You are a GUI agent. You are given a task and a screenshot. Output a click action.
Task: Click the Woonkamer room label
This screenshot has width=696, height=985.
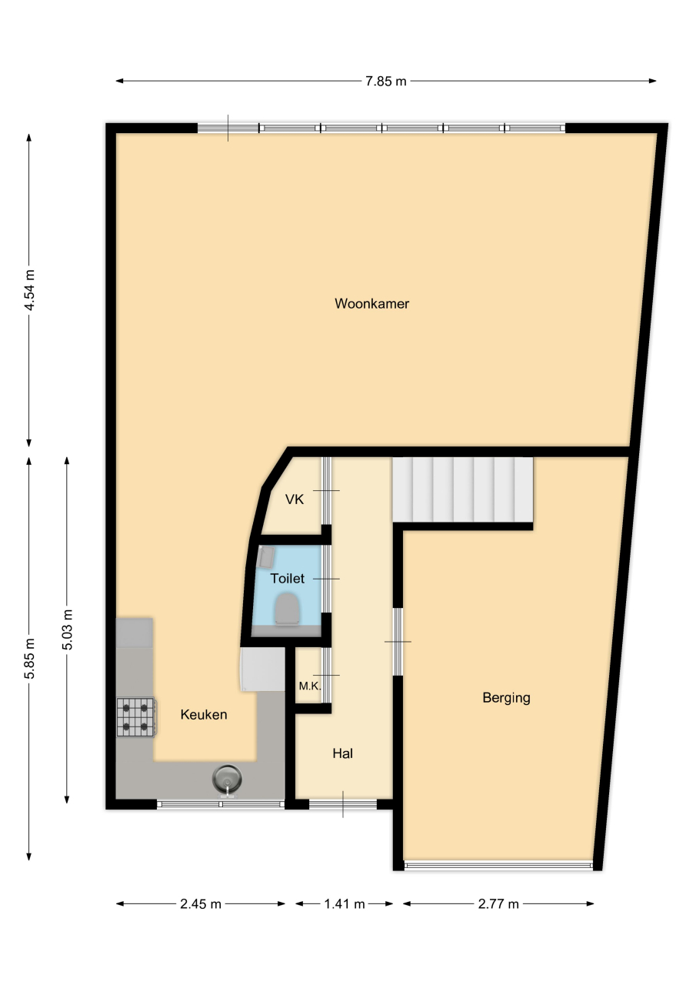pos(371,303)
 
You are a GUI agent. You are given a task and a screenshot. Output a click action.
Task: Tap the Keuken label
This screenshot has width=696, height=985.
pos(204,715)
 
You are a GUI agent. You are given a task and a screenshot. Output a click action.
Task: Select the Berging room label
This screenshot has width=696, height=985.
pos(506,698)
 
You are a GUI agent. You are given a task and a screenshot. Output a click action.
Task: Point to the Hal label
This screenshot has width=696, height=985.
pos(343,753)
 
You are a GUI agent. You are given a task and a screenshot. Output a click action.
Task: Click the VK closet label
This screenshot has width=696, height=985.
pos(295,499)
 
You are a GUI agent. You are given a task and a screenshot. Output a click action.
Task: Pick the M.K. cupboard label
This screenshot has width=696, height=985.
pos(310,686)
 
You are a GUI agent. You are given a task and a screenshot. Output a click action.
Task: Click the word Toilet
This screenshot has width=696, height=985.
pos(288,578)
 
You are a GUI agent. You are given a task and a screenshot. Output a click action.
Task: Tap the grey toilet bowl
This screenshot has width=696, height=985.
pos(288,608)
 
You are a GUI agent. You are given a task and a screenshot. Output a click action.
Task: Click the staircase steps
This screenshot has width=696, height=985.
pos(463,490)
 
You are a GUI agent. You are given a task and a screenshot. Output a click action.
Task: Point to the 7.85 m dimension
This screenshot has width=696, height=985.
pos(386,81)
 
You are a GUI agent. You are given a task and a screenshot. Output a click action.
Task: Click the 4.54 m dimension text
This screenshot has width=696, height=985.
pos(29,290)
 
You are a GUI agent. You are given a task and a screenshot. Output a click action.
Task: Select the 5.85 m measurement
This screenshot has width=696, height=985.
pos(29,658)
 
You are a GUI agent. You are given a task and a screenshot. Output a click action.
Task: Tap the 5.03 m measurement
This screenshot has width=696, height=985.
pos(67,629)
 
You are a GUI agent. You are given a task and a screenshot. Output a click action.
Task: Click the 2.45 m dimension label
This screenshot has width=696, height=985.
pos(201,904)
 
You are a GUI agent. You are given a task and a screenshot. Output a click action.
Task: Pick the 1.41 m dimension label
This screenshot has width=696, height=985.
pos(345,904)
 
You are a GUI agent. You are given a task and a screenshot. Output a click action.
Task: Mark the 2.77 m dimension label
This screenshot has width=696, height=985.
pos(498,904)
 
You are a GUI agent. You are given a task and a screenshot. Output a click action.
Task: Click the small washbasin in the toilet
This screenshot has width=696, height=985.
pos(266,556)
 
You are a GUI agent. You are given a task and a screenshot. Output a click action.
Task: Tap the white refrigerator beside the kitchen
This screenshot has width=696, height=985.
pos(263,669)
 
